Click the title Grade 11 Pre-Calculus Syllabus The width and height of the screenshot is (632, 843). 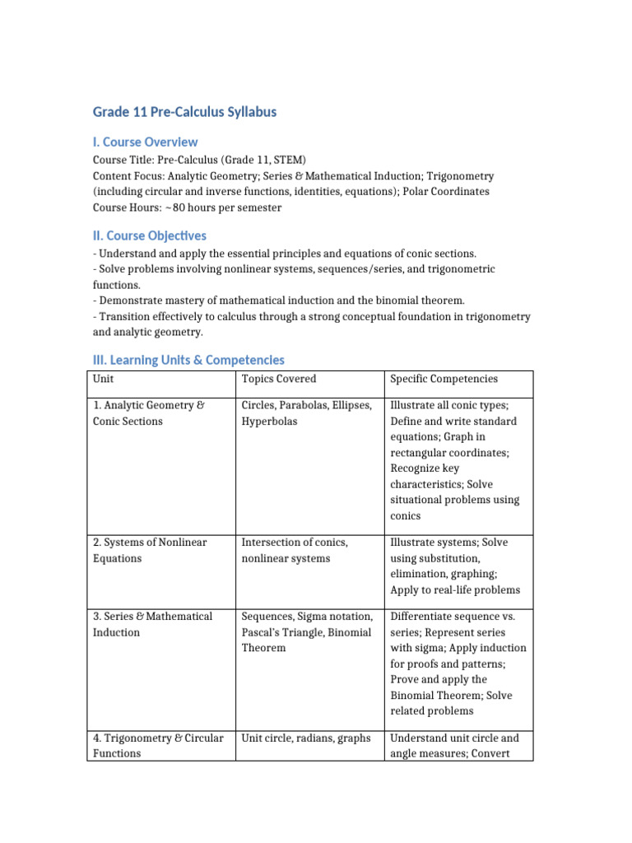point(184,111)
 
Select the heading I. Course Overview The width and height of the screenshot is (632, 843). point(145,142)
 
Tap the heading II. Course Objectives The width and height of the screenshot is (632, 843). point(149,236)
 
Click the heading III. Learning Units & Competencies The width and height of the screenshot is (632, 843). point(188,360)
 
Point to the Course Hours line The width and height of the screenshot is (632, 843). point(187,207)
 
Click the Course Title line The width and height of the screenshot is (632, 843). point(199,160)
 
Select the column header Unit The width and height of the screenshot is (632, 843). point(104,379)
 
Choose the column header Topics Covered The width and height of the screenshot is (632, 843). point(279,379)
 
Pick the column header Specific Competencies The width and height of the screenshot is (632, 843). point(444,379)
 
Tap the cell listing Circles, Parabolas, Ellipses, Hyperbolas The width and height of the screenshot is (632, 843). point(307,413)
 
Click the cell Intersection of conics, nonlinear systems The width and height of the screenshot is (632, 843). point(295,550)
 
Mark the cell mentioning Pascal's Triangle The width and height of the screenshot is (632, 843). point(307,632)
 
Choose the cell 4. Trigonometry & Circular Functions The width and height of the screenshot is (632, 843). point(158,745)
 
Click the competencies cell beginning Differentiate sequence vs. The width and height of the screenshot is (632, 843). point(458,664)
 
